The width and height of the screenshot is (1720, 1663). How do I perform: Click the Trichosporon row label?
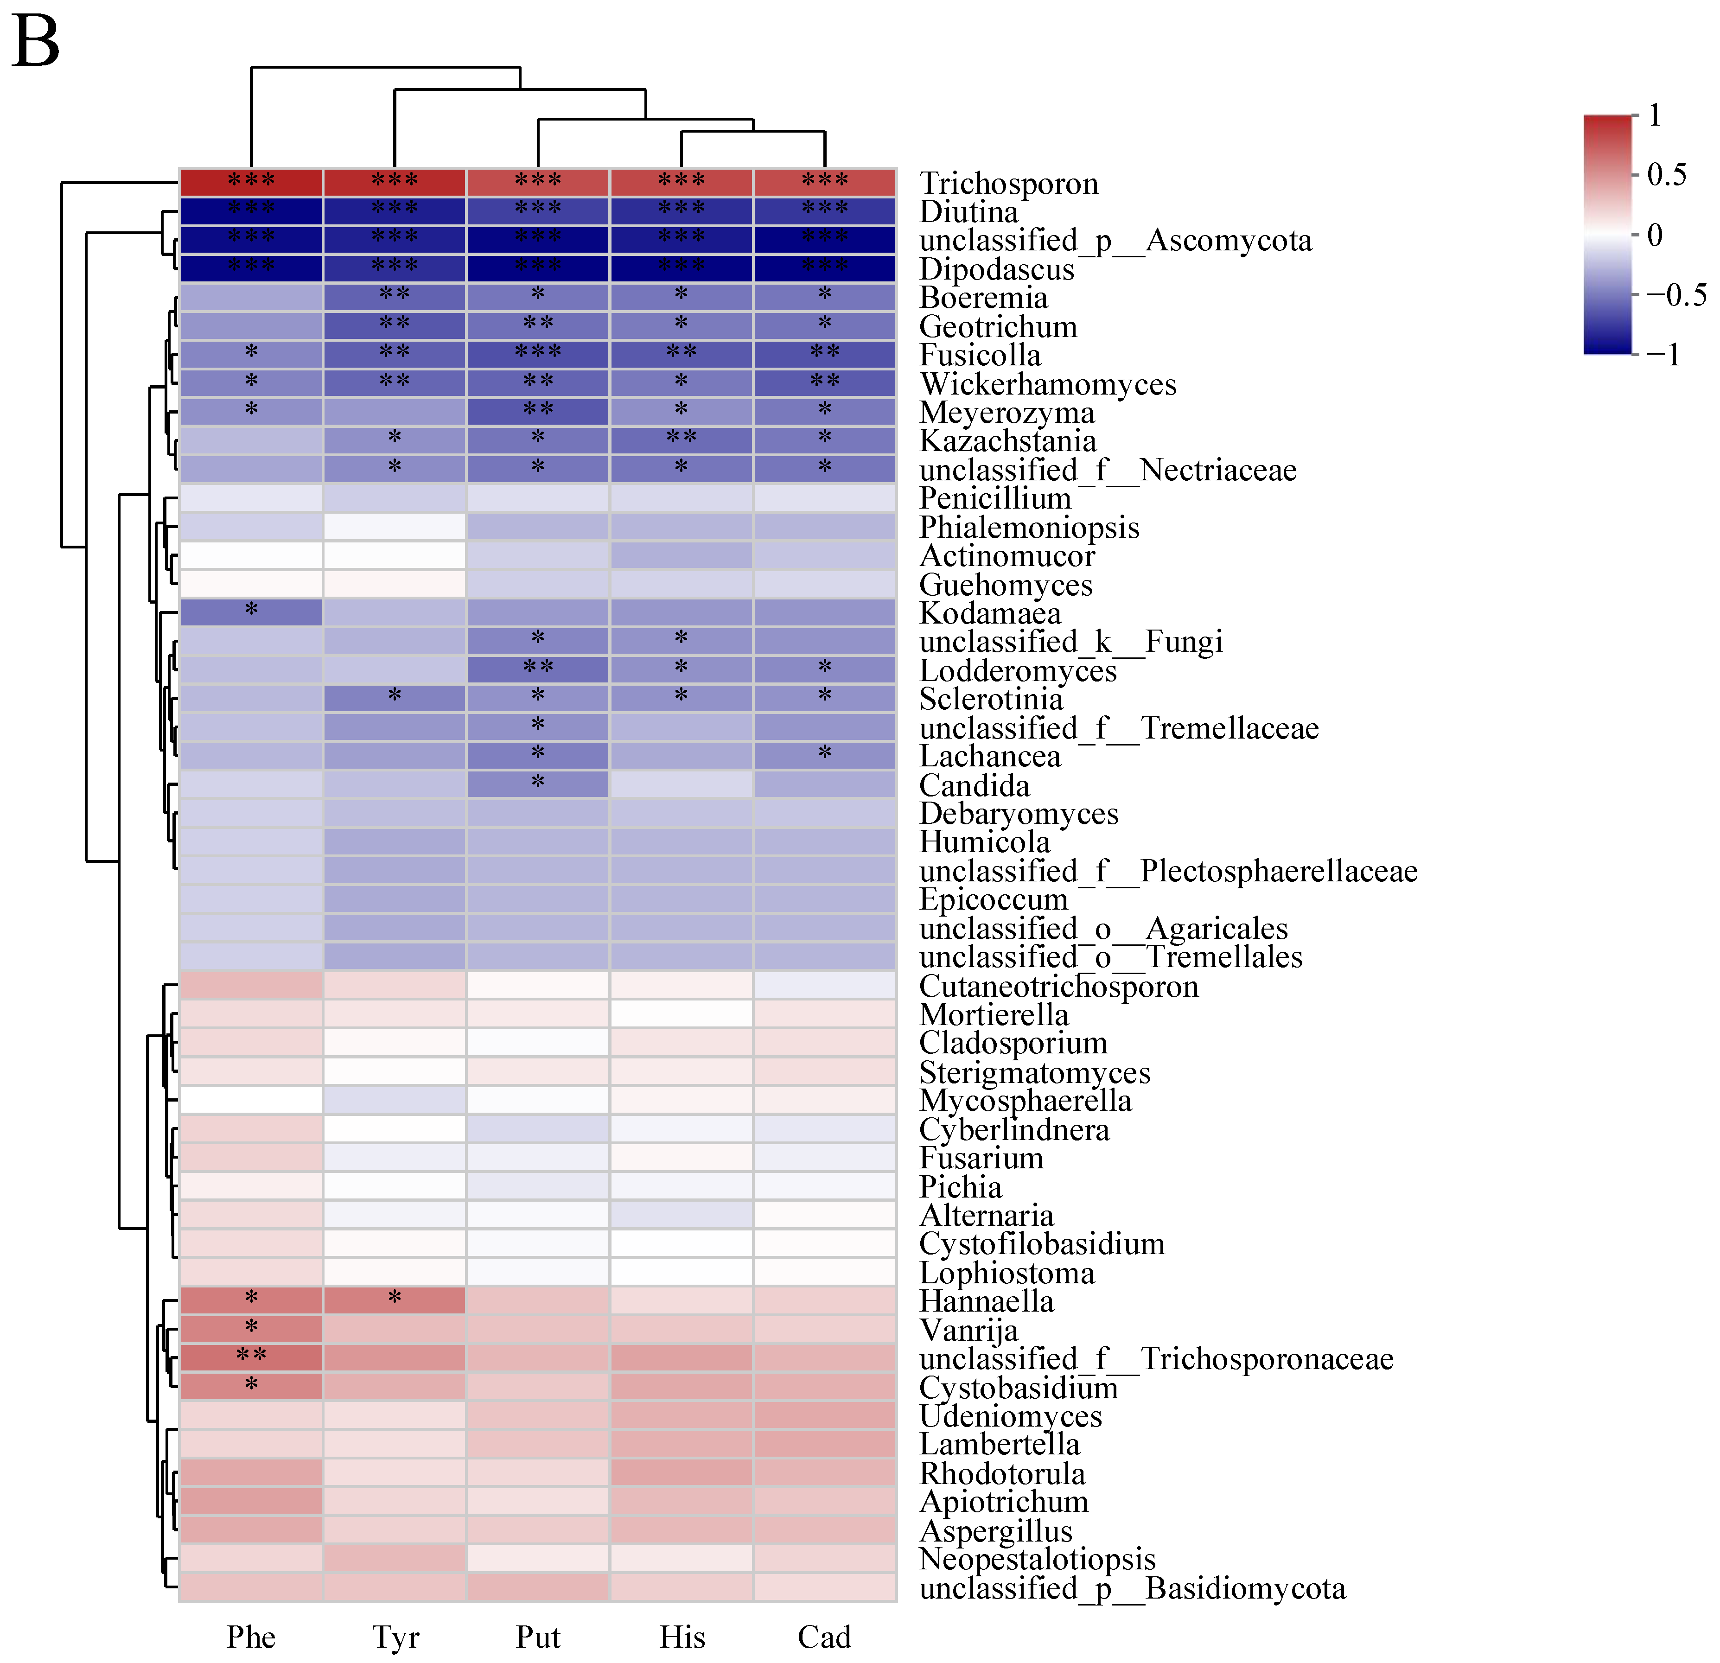pyautogui.click(x=1008, y=184)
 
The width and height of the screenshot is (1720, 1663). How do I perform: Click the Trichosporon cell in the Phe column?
pyautogui.click(x=252, y=183)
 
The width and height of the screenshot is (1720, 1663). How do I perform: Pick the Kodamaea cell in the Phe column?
pyautogui.click(x=252, y=612)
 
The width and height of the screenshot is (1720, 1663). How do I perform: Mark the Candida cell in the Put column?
pyautogui.click(x=538, y=784)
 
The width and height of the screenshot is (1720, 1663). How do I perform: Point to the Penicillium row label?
pyautogui.click(x=995, y=498)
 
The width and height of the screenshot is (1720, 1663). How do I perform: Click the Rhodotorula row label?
pyautogui.click(x=1002, y=1473)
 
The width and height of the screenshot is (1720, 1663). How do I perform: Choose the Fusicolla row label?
pyautogui.click(x=980, y=356)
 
